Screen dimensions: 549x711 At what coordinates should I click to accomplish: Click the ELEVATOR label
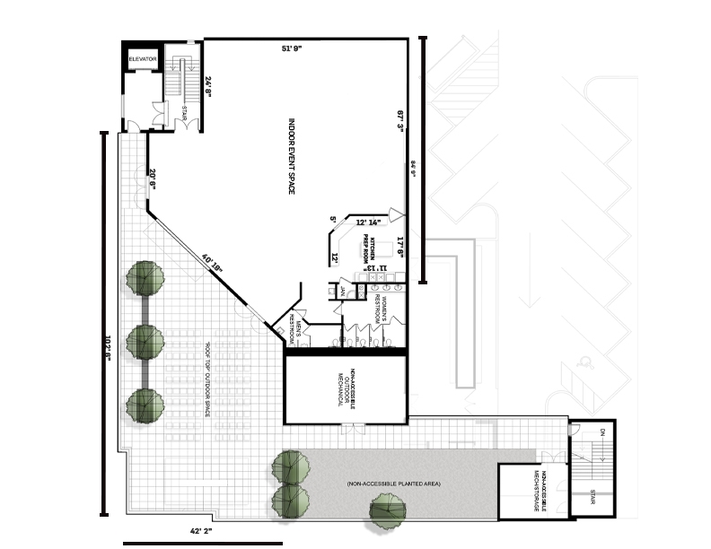[143, 59]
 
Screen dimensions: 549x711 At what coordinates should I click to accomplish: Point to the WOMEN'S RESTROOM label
[384, 309]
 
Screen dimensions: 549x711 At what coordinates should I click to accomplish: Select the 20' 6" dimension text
[154, 180]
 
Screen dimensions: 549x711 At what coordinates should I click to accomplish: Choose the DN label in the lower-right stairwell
[601, 433]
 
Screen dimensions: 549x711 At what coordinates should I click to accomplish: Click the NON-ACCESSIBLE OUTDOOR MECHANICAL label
[348, 388]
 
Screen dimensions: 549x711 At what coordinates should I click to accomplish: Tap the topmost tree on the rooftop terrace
[144, 278]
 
